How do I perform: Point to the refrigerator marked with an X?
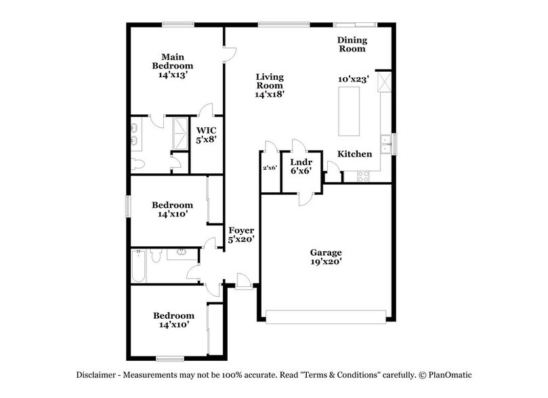point(385,82)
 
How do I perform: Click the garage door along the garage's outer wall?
point(326,315)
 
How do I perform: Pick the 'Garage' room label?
point(326,252)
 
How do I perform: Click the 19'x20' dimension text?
point(326,262)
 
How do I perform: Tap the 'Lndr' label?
point(300,162)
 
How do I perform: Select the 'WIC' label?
point(206,131)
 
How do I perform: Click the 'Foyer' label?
point(240,230)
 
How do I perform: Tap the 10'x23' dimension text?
point(353,79)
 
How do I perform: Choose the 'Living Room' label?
point(269,81)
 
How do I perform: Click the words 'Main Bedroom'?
point(172,62)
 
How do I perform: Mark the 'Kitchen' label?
point(355,154)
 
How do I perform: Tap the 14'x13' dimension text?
point(173,75)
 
